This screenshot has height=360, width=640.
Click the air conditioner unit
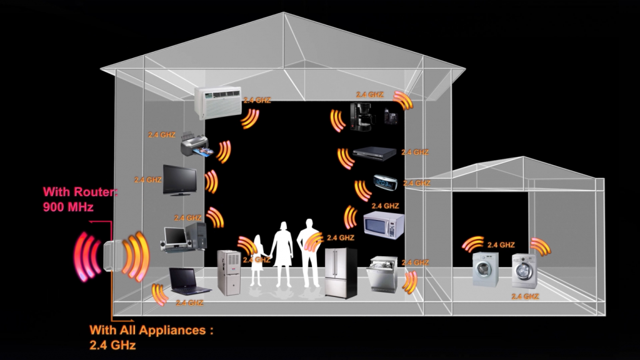tap(217, 101)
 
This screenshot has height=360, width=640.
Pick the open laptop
tap(190, 281)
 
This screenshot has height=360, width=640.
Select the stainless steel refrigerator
tap(341, 272)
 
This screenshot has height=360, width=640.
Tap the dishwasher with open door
tap(381, 275)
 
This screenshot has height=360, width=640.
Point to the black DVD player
tap(374, 152)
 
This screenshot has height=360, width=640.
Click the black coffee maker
tap(361, 117)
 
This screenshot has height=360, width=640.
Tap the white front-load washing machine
tap(485, 269)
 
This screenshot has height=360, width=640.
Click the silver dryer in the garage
tap(524, 270)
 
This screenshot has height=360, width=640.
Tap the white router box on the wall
tap(110, 256)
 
